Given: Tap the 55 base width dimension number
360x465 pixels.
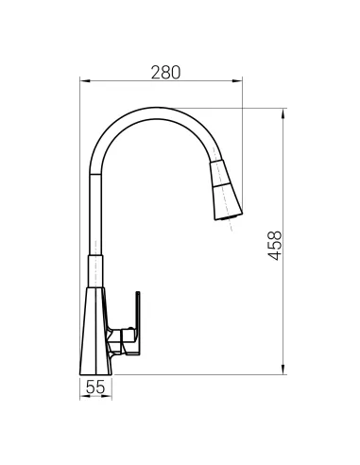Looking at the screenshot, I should [x=95, y=387].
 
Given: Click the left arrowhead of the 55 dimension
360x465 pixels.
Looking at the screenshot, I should [x=79, y=396].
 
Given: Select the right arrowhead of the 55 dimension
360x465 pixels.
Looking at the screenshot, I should [x=111, y=396].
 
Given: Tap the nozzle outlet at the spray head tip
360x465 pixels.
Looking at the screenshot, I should [x=227, y=218].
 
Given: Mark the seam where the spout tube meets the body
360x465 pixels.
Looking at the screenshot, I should [x=95, y=255].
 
